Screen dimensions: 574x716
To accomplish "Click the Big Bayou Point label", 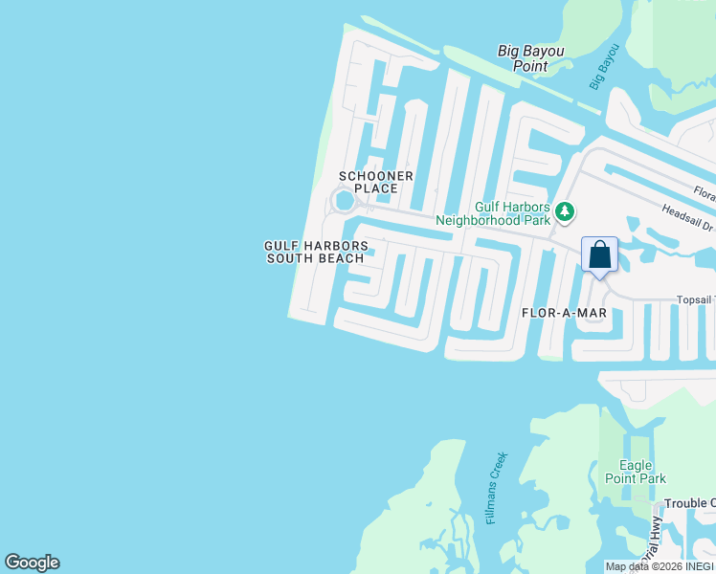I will click(x=530, y=58).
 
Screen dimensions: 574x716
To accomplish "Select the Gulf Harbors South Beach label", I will click(x=316, y=252).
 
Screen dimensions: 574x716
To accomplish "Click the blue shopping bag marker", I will click(x=600, y=255).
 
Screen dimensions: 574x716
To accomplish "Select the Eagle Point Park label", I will click(x=636, y=472).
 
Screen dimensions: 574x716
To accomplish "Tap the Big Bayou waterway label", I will click(x=604, y=67).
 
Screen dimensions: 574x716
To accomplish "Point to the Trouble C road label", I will click(x=689, y=503).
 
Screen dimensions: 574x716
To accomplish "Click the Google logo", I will click(x=32, y=563).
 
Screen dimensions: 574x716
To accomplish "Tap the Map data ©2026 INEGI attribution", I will click(x=660, y=566).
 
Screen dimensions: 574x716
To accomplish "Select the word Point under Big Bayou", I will click(x=530, y=67).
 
